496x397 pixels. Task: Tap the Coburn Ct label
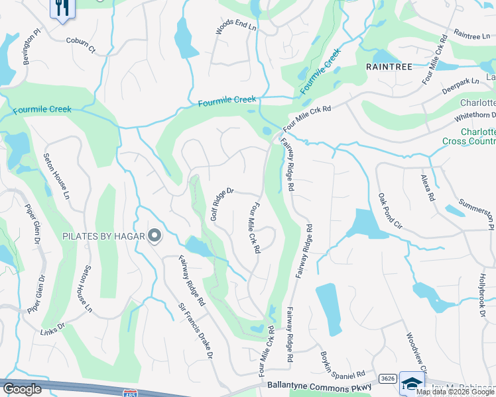coord(81,44)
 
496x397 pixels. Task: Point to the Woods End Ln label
coord(235,27)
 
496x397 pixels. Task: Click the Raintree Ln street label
coord(471,34)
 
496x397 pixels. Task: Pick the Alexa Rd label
coord(427,188)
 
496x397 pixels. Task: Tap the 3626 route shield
coord(389,378)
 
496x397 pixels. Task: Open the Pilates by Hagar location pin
coord(155,236)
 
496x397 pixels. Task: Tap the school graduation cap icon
coord(412,384)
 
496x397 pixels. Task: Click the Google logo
coord(22,388)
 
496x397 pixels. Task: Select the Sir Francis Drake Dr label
coord(196,331)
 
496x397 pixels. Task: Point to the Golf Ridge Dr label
coord(223,204)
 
